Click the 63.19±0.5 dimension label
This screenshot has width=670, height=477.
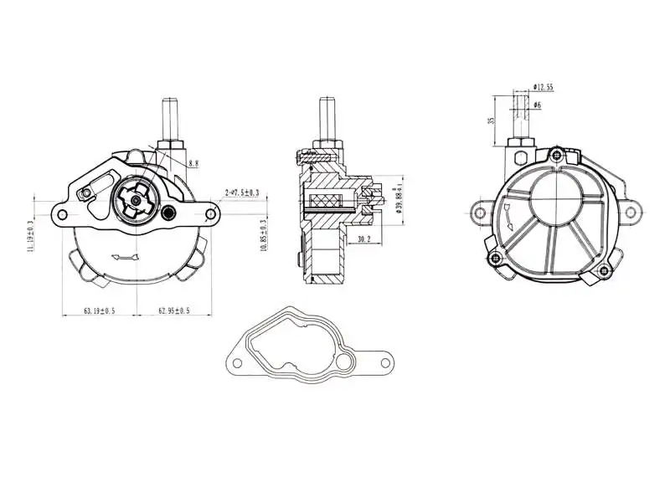pyautogui.click(x=99, y=310)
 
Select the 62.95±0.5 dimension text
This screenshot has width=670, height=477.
pyautogui.click(x=173, y=310)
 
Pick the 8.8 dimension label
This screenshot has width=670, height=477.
pyautogui.click(x=193, y=164)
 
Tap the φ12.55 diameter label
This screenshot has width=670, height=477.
pyautogui.click(x=544, y=87)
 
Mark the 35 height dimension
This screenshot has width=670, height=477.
pyautogui.click(x=492, y=120)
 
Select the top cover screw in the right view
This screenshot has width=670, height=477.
pyautogui.click(x=554, y=154)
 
